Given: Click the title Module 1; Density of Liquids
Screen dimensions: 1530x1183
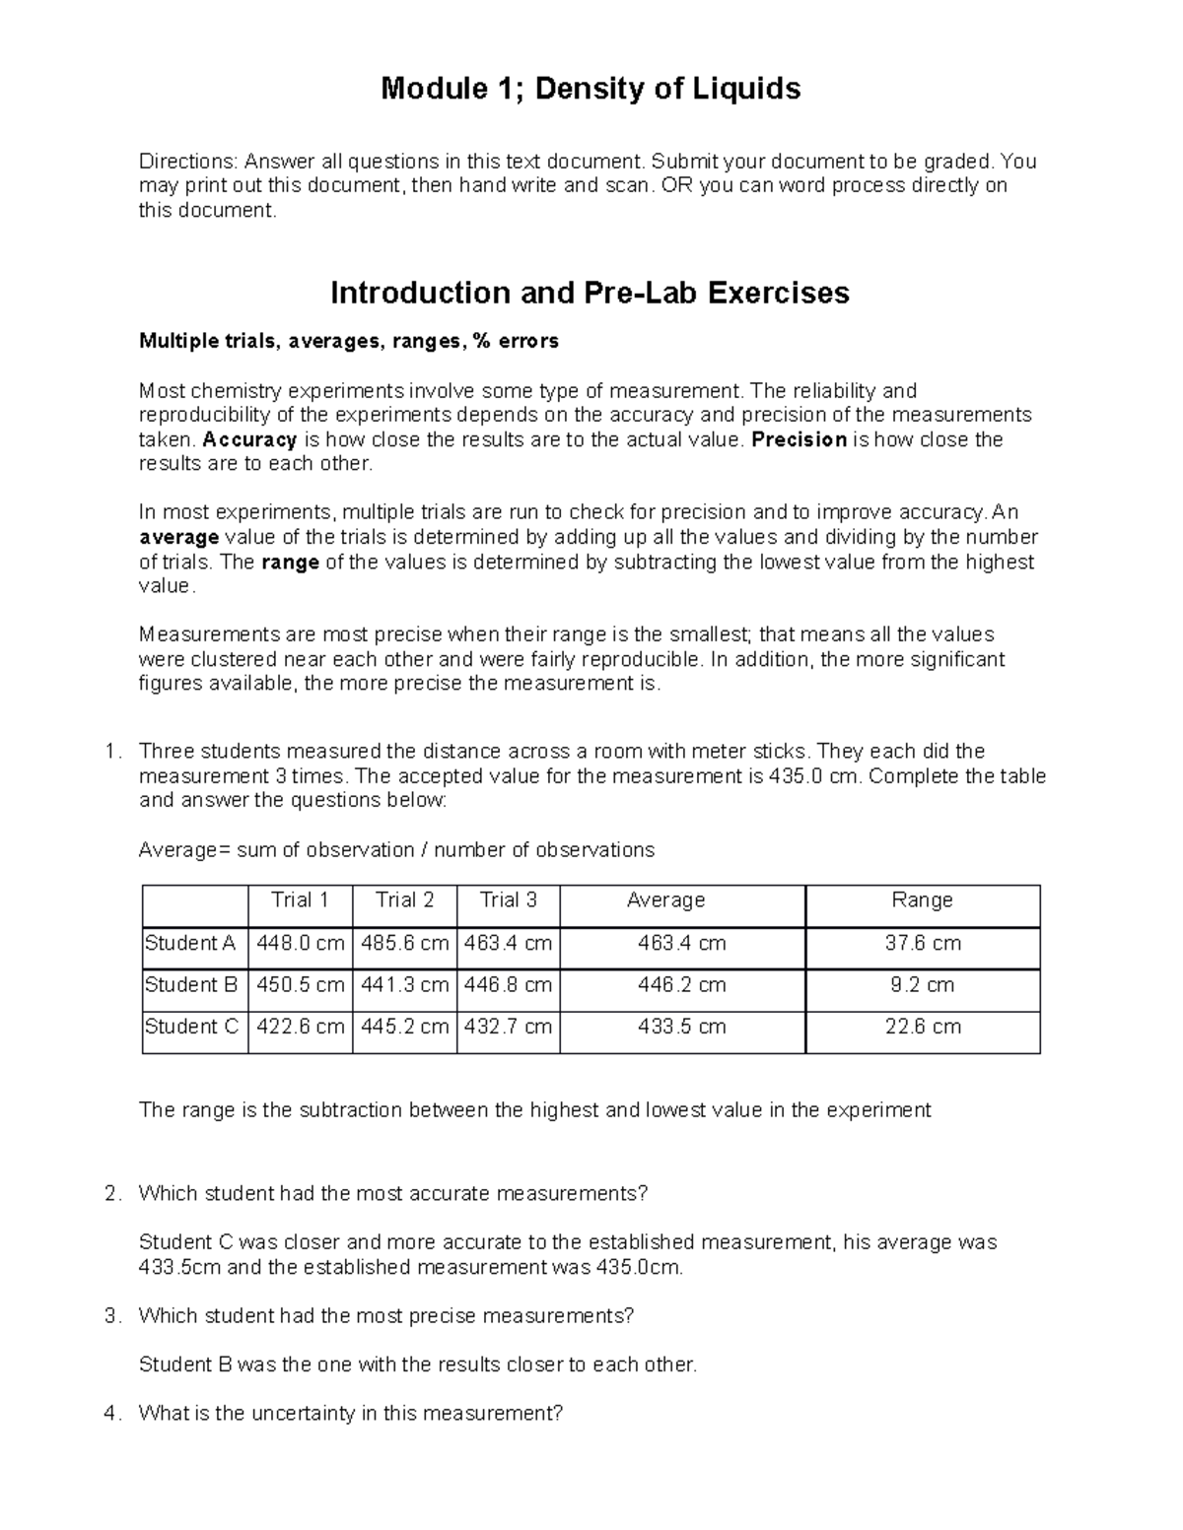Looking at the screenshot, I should point(591,90).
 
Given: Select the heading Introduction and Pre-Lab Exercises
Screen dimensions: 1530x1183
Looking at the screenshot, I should point(590,293).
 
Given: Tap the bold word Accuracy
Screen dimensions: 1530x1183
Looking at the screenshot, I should point(249,439).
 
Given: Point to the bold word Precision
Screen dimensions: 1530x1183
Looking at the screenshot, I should point(799,439).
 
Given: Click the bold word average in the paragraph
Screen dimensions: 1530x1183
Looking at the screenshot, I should point(178,537).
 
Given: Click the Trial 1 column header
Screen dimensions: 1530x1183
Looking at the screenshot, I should point(300,899).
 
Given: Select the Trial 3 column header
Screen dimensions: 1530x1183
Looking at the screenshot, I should point(508,899).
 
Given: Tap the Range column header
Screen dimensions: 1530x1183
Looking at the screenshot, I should point(922,899).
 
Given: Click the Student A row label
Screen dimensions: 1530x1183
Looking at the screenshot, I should point(190,943).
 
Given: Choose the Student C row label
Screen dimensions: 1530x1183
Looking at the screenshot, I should point(191,1026).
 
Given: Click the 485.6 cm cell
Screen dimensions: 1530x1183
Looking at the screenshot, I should point(404,943).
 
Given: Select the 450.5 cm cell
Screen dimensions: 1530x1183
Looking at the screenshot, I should point(301,984).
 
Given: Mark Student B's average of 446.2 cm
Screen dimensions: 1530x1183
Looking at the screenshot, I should point(681,984).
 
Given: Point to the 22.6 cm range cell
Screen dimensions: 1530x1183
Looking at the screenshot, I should point(922,1026).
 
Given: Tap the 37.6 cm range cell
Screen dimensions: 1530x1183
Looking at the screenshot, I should point(922,943).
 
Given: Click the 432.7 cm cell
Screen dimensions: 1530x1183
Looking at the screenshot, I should point(508,1026).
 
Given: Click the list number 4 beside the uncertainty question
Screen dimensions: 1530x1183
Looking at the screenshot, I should point(110,1413).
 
